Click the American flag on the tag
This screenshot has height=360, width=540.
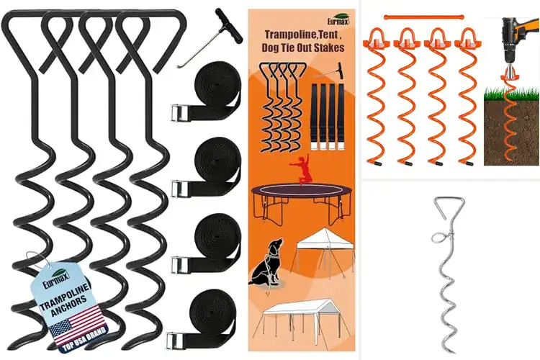[77, 321]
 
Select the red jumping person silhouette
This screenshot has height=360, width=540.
[302, 168]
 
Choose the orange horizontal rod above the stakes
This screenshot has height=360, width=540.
[423, 17]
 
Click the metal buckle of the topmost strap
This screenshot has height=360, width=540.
[179, 113]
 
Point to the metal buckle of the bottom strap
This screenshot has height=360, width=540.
[175, 341]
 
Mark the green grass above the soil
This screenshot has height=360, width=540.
[511, 94]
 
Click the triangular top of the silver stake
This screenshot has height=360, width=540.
[449, 207]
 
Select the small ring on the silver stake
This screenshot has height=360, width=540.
[438, 237]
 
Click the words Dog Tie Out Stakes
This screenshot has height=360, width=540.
[303, 48]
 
